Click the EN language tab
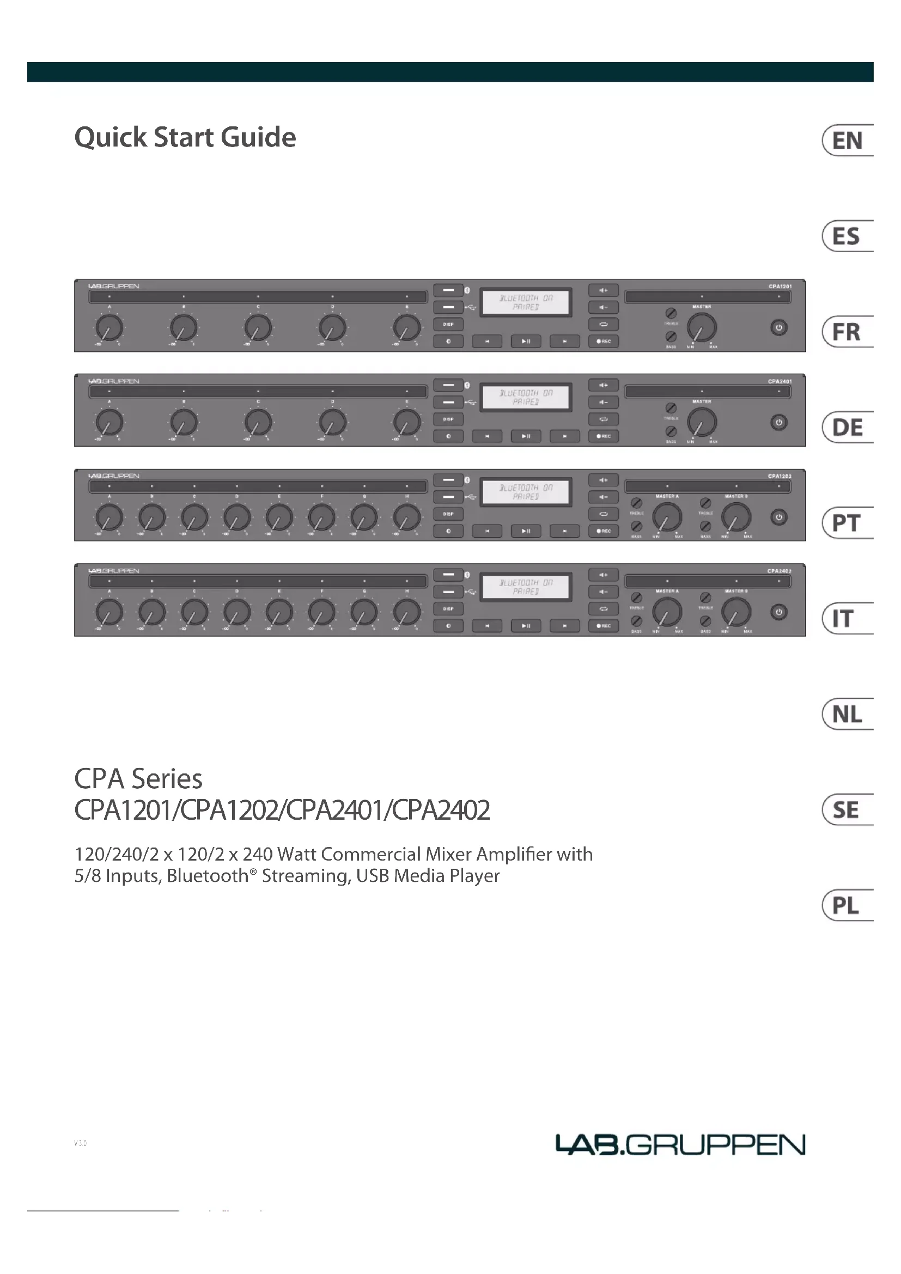click(x=847, y=141)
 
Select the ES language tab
click(x=846, y=236)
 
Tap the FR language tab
click(x=846, y=332)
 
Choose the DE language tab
click(x=847, y=428)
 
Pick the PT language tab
click(x=846, y=523)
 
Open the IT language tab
click(x=843, y=619)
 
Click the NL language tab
click(x=847, y=715)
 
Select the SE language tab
click(x=846, y=810)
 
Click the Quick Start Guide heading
click(x=185, y=137)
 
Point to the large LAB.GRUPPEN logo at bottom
click(x=680, y=1144)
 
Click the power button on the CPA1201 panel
click(x=778, y=327)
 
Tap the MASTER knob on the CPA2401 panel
click(x=702, y=423)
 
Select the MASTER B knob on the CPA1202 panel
click(x=736, y=517)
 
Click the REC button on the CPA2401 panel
click(x=603, y=436)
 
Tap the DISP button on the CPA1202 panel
click(x=448, y=514)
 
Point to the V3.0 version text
click(x=81, y=1143)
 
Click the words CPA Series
click(x=138, y=778)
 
